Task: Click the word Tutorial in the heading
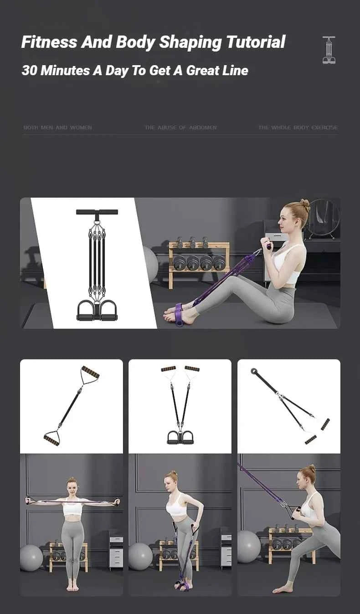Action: (255, 42)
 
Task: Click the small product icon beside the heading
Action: (329, 50)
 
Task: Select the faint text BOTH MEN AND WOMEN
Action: (57, 128)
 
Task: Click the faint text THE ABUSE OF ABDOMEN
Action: (180, 128)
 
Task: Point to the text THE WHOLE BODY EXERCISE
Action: (298, 128)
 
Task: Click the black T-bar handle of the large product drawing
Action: (97, 212)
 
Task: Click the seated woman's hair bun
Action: (305, 205)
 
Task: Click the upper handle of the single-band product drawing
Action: (90, 373)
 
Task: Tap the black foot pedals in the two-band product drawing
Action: (180, 437)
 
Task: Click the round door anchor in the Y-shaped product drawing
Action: (253, 371)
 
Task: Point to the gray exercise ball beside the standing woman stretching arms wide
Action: (31, 557)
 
